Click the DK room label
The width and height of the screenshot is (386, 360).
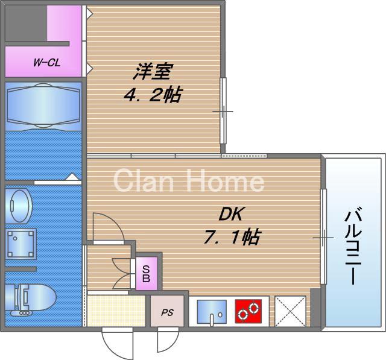229,214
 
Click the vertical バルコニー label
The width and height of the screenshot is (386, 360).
355,247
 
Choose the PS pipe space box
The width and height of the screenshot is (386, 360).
167,312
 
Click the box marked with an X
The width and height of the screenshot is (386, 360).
290,311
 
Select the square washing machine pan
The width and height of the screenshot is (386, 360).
20,243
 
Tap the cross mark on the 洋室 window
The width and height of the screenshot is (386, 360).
222,112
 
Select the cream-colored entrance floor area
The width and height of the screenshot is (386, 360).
116,311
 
